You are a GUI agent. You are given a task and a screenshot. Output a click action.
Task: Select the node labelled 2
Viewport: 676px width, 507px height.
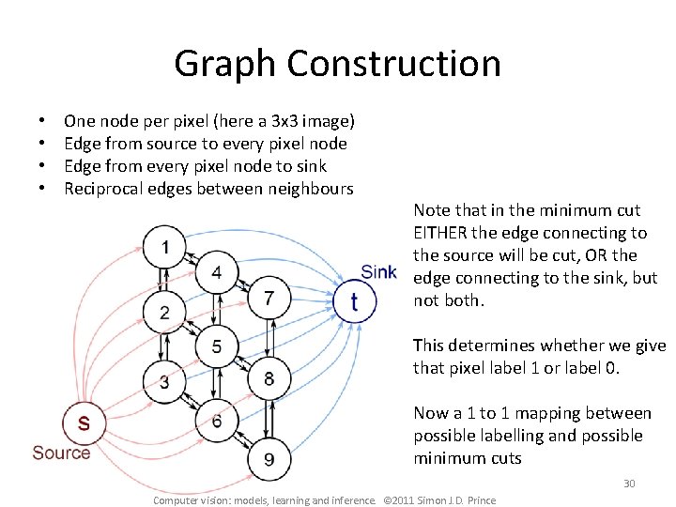(165, 312)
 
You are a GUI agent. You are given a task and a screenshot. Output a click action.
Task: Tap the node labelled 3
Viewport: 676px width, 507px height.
(165, 380)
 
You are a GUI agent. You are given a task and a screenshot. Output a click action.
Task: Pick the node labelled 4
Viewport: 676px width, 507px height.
(217, 272)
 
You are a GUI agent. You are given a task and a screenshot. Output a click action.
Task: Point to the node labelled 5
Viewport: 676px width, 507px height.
(217, 346)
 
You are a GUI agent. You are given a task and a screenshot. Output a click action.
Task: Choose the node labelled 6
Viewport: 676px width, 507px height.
(217, 420)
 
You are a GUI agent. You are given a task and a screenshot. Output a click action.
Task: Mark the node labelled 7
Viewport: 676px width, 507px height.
(269, 298)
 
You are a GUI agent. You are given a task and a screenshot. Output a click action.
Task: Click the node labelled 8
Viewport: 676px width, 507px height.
(269, 377)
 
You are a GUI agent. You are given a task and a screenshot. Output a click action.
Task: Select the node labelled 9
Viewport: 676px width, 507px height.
(269, 458)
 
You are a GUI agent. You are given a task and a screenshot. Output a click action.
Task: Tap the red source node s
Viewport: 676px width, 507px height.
(84, 423)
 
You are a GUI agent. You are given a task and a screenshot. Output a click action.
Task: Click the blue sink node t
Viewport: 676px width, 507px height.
(354, 301)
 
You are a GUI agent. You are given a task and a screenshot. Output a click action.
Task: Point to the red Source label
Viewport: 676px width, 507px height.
(61, 453)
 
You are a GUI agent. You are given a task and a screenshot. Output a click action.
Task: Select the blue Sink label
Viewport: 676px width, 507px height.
(378, 272)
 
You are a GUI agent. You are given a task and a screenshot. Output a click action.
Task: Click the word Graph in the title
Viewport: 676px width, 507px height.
(225, 64)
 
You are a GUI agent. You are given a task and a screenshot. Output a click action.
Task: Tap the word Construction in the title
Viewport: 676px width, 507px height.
(394, 64)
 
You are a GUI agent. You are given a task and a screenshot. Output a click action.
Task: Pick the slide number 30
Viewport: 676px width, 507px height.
(629, 484)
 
